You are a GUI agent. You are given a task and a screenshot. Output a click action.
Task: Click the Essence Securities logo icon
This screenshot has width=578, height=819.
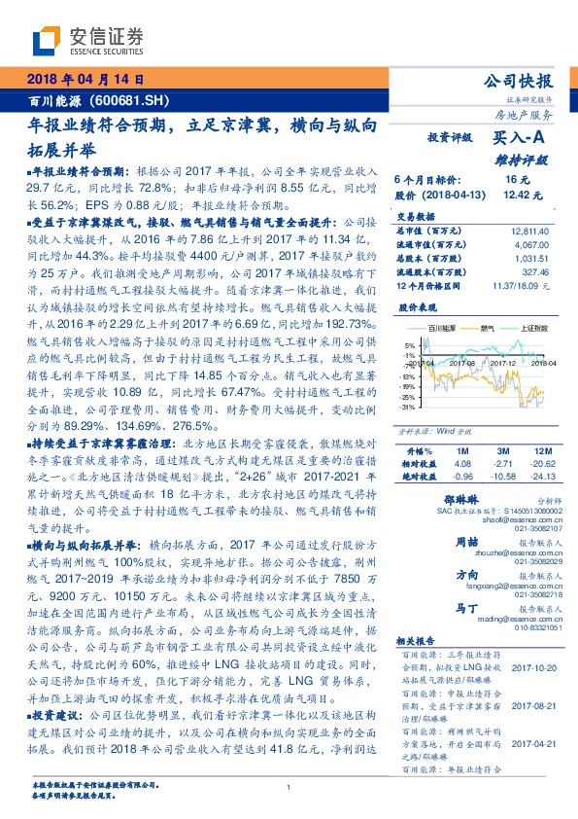click(45, 41)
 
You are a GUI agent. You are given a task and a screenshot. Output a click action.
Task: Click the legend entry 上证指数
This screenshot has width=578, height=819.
click(534, 330)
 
